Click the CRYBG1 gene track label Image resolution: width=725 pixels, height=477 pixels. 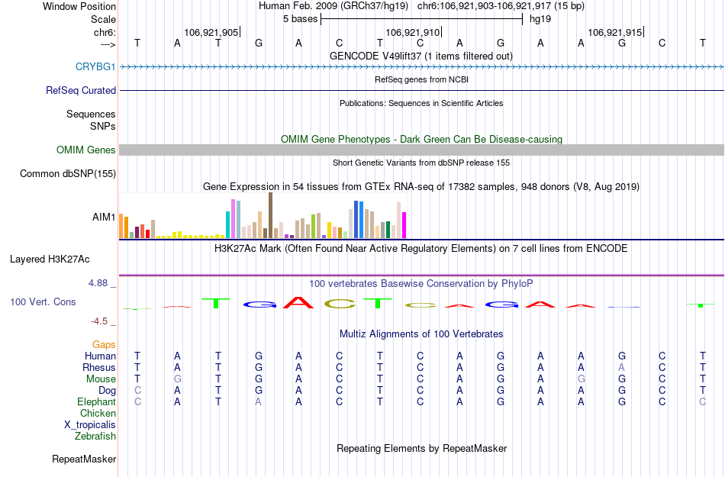tap(95, 66)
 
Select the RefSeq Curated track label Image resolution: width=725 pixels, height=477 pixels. tap(81, 90)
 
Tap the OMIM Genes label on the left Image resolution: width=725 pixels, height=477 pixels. tap(86, 150)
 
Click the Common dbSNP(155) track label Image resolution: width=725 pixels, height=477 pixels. tap(68, 173)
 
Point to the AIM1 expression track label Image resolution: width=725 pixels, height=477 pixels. tap(104, 217)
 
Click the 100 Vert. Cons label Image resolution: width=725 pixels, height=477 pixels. tap(43, 302)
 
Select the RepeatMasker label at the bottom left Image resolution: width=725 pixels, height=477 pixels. tap(84, 459)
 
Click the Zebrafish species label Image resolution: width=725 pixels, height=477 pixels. tap(95, 437)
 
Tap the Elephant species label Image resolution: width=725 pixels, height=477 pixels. tap(96, 402)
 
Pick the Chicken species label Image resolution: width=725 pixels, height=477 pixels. tap(98, 414)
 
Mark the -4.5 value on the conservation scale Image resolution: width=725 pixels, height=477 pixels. tap(99, 321)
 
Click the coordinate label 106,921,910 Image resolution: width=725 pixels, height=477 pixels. tap(413, 32)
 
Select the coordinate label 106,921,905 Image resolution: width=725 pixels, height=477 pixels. tap(211, 32)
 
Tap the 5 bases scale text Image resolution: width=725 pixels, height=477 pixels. tap(298, 18)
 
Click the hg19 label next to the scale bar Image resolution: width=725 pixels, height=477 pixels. tap(540, 18)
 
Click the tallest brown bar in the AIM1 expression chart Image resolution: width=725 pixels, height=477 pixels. tap(270, 215)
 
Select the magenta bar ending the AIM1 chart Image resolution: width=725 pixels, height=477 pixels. tap(404, 225)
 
